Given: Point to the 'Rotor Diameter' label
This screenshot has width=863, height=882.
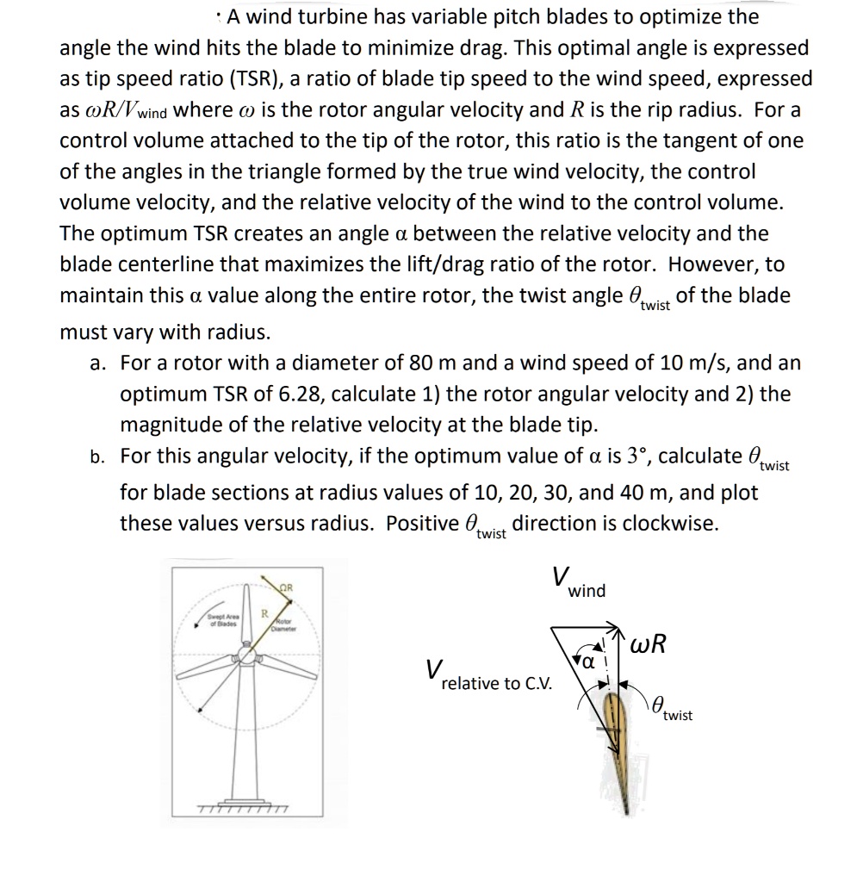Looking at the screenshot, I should (283, 625).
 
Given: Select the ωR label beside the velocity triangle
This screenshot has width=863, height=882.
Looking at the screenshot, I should (648, 645).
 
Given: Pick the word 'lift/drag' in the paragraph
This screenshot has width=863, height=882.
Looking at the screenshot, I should (512, 264).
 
